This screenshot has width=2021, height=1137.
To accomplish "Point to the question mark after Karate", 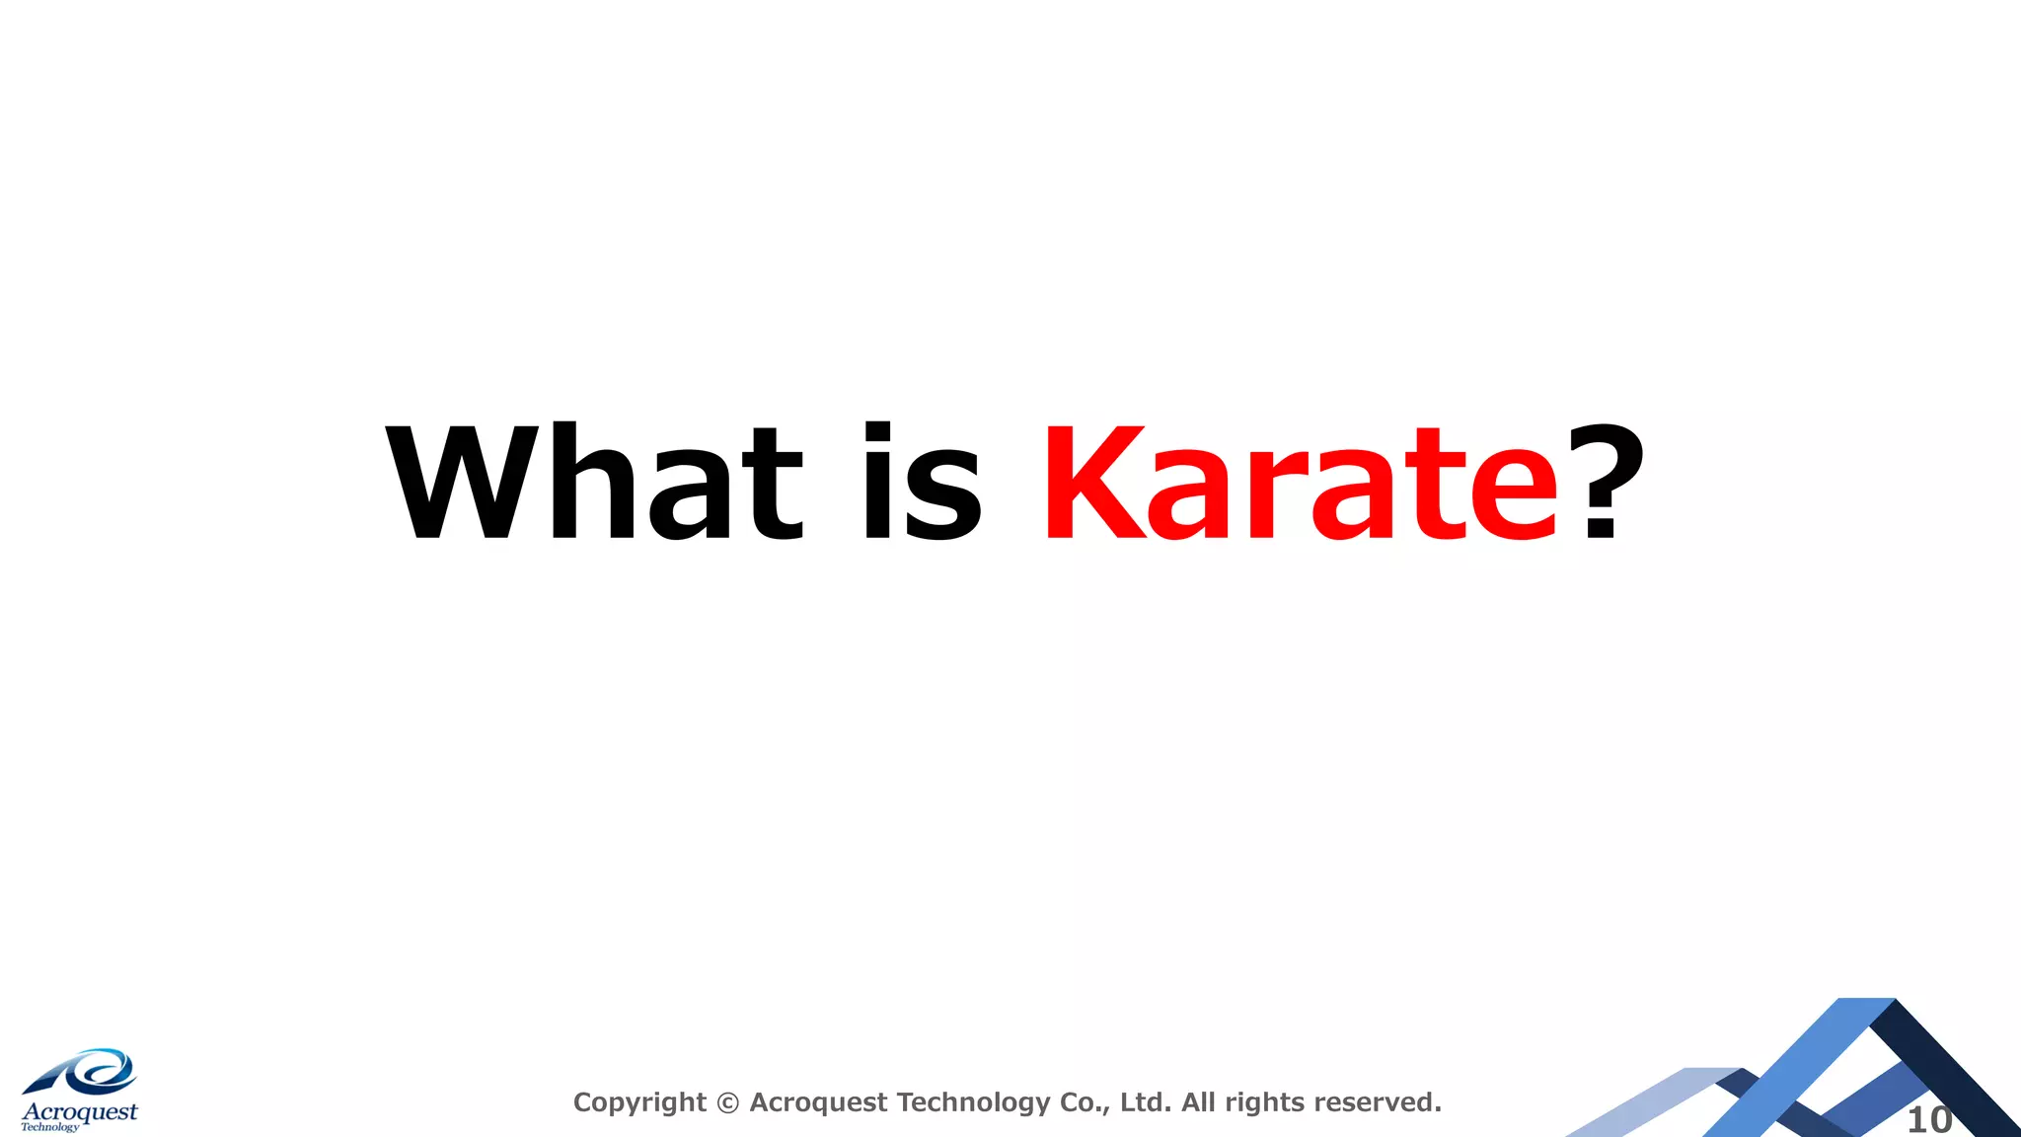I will (x=1602, y=482).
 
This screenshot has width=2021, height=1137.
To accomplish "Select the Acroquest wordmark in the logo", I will (x=80, y=1112).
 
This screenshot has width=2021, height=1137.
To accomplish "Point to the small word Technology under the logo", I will (x=50, y=1127).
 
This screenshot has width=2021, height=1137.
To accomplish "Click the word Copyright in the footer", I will (x=639, y=1102).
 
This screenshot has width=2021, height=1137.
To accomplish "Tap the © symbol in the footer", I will (x=727, y=1102).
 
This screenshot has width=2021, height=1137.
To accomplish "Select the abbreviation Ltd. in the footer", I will (x=1146, y=1101).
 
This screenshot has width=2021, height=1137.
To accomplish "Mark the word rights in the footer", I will (x=1265, y=1102).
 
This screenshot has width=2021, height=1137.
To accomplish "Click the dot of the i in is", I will (x=878, y=430).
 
